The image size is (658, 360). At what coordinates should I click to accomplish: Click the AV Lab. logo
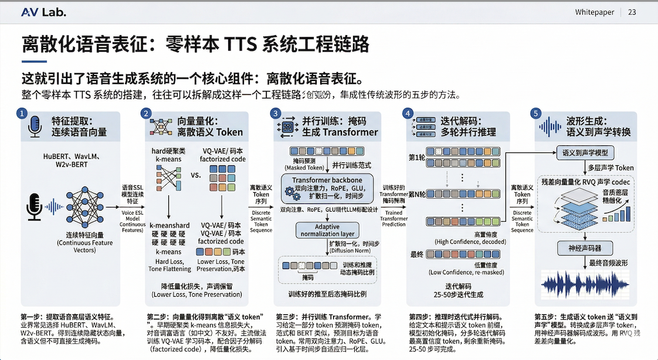coord(43,12)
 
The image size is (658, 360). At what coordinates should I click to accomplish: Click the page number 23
coord(632,12)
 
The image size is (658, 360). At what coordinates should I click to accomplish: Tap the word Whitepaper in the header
coord(595,12)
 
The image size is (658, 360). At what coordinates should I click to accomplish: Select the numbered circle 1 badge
coord(22,113)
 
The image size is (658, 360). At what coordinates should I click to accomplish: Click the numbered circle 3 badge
coord(275,113)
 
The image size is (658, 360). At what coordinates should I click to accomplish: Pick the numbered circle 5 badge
coord(535,113)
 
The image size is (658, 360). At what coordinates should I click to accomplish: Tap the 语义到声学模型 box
coord(585,153)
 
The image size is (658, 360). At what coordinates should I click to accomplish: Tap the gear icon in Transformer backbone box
coord(289,192)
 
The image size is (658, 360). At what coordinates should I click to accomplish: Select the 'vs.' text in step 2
coord(196,175)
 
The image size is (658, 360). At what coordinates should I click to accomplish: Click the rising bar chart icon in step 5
coord(619,209)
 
